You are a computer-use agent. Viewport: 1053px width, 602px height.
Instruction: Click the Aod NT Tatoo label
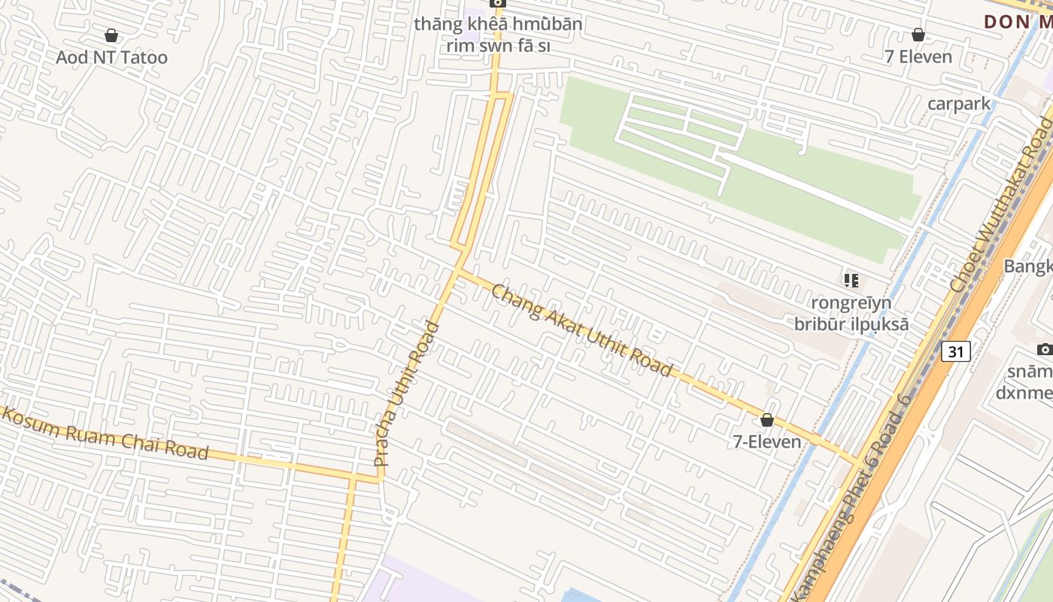click(111, 57)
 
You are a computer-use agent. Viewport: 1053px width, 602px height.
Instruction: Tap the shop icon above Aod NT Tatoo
click(111, 35)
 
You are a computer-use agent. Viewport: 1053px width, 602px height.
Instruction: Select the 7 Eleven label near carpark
click(918, 56)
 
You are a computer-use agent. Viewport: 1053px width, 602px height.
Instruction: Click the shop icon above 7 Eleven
click(918, 35)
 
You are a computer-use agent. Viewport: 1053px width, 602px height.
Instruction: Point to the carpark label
click(959, 103)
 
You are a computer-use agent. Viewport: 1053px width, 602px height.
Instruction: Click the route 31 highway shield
click(955, 351)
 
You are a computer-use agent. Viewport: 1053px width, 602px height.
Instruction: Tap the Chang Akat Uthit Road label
click(581, 330)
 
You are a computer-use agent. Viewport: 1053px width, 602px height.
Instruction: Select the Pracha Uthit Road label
click(407, 393)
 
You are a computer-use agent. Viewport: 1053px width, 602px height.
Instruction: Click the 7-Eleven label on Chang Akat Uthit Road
click(767, 441)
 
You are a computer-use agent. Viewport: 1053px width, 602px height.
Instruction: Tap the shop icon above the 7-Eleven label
click(767, 420)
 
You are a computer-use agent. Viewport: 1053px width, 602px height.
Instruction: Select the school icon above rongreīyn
click(851, 281)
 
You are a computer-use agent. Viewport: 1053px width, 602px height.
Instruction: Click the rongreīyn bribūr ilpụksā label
click(851, 314)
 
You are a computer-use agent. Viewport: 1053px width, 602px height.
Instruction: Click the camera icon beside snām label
click(1044, 349)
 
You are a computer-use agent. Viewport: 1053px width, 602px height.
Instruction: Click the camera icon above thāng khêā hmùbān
click(498, 3)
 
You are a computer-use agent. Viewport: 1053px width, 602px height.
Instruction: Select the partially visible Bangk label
click(1028, 266)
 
